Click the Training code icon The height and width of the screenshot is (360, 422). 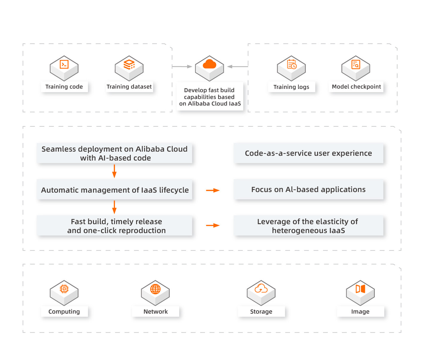tap(64, 68)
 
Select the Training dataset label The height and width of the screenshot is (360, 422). tap(129, 87)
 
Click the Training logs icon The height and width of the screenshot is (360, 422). tap(291, 68)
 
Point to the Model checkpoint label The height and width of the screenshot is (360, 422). tap(356, 87)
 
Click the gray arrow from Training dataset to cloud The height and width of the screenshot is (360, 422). tap(182, 67)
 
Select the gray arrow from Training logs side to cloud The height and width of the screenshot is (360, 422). tap(237, 67)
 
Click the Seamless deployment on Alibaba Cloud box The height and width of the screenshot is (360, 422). tap(114, 153)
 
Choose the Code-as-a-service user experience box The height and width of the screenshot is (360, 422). tap(308, 153)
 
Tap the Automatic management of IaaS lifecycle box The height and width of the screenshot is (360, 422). tap(114, 190)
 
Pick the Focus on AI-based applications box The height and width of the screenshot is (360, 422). tap(308, 189)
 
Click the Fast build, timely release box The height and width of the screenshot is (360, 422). tap(114, 226)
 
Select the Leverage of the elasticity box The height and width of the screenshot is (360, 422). tap(308, 226)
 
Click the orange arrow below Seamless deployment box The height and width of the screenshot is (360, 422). tap(114, 171)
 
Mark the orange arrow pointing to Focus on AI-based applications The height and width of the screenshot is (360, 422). tap(213, 190)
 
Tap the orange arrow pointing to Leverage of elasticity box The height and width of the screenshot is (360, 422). tap(213, 225)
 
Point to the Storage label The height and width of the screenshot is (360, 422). tap(261, 312)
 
